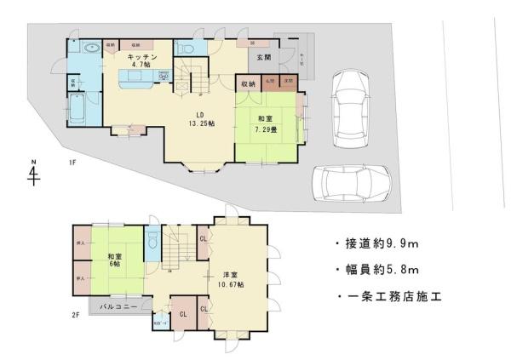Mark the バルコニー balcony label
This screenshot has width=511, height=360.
click(120, 305)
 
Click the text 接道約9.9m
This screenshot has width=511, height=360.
click(379, 243)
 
